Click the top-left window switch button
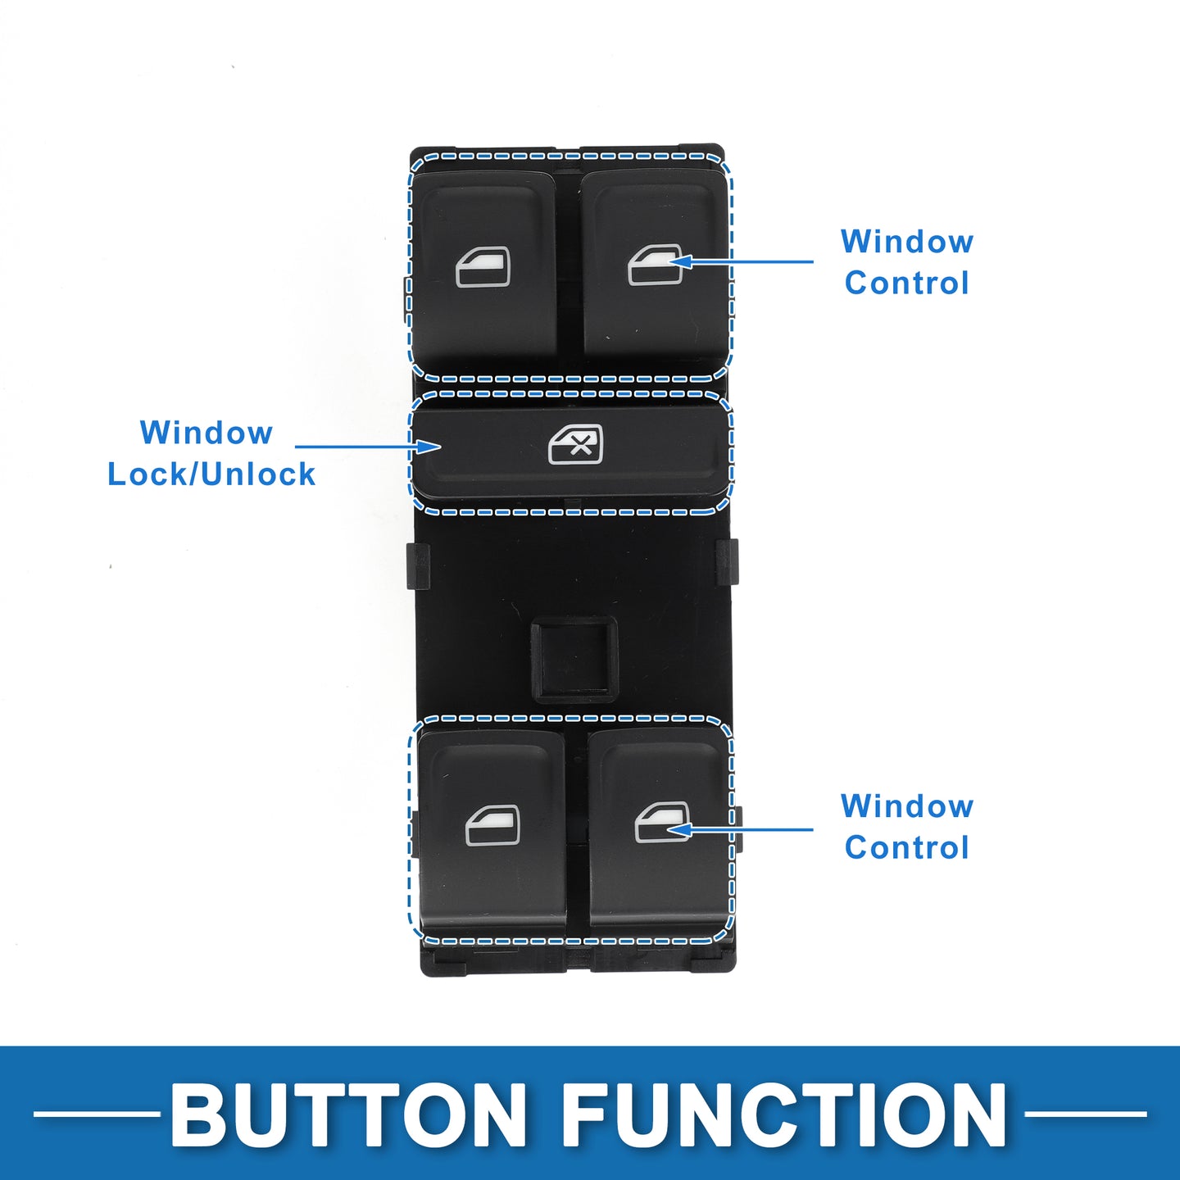[483, 270]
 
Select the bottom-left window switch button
[492, 832]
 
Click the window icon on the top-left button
[483, 268]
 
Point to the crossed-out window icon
[575, 445]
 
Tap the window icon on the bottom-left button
[492, 825]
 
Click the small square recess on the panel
[574, 660]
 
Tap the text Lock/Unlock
[211, 474]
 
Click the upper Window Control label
[907, 262]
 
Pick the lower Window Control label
[907, 827]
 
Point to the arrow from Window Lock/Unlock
[369, 447]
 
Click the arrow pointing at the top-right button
[742, 262]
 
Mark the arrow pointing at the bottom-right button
[742, 829]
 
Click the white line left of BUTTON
[97, 1114]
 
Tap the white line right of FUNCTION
[1085, 1114]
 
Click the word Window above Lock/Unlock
[206, 433]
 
